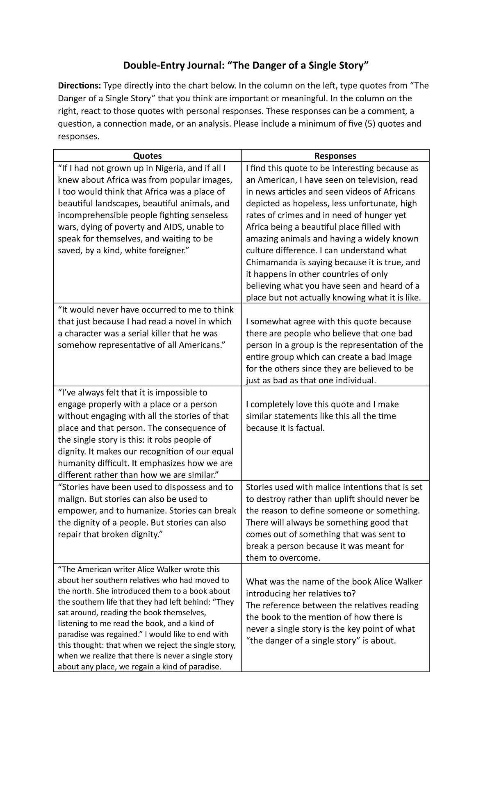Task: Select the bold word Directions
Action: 79,86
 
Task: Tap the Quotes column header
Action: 147,156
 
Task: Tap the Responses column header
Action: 335,156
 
